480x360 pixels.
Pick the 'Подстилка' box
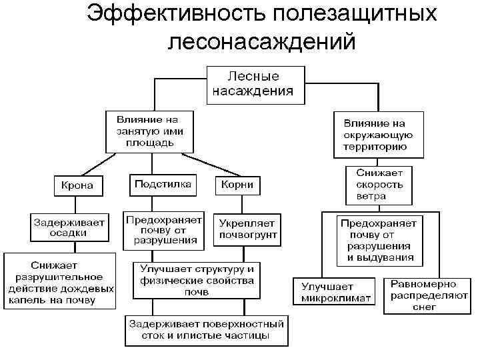pyautogui.click(x=163, y=184)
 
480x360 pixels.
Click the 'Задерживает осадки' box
pyautogui.click(x=69, y=228)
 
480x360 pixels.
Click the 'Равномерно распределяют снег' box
pyautogui.click(x=423, y=295)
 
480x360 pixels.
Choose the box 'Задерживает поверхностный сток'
pyautogui.click(x=207, y=331)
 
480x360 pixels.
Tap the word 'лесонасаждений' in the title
pyautogui.click(x=261, y=41)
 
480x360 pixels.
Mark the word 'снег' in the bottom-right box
pyautogui.click(x=423, y=307)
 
